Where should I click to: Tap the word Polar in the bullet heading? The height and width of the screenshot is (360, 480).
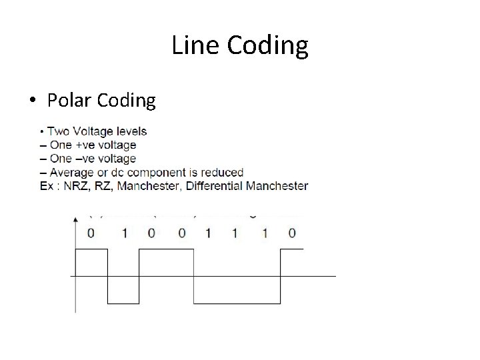pos(69,101)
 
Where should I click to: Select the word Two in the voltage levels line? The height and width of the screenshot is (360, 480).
pos(57,131)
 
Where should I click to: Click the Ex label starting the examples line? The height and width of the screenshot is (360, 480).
pos(47,186)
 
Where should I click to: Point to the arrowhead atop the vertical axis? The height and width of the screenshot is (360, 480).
pos(75,218)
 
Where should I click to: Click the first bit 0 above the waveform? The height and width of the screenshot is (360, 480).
pos(91,233)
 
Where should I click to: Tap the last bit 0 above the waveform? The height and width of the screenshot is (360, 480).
pos(292,233)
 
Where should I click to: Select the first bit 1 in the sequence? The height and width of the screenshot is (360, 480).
pos(123,233)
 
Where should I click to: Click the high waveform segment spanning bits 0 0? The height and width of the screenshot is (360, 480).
pos(166,249)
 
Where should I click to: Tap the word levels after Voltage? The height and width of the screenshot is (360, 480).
pos(127,131)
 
